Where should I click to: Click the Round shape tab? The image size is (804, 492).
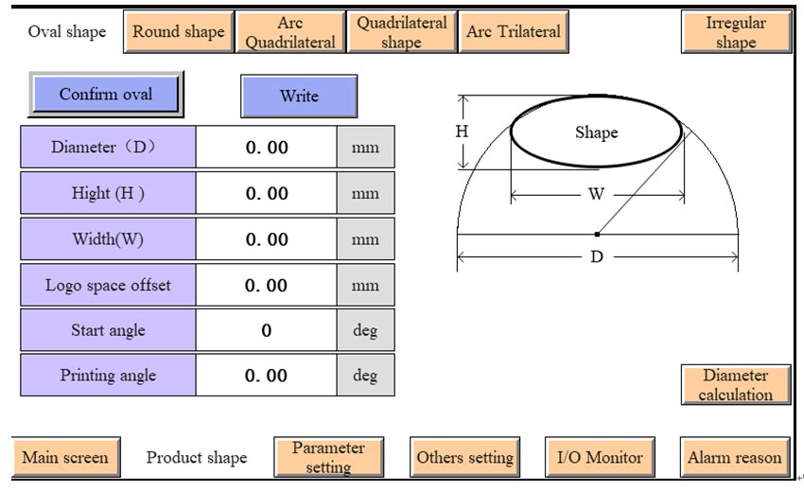point(178,31)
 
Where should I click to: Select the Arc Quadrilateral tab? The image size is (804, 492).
point(290,31)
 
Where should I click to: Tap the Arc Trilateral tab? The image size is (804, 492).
point(513,31)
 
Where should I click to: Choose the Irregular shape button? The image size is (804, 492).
point(735,31)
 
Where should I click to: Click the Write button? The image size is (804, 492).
point(299,96)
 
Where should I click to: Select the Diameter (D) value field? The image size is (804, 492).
point(266,148)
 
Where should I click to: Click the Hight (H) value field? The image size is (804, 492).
point(266,194)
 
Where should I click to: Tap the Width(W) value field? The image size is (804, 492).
point(266,239)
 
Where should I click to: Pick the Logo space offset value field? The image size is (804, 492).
point(266,285)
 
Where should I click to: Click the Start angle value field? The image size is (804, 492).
point(266,330)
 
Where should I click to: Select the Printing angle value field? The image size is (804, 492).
point(266,376)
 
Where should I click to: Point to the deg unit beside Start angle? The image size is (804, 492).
point(365,330)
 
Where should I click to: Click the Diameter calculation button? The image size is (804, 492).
point(735,385)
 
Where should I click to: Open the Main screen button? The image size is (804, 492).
point(65,457)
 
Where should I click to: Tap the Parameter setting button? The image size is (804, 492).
point(328,457)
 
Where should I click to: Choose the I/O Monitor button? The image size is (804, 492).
point(600,457)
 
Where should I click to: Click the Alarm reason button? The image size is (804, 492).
point(735,457)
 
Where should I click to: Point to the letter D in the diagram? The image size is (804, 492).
point(597,256)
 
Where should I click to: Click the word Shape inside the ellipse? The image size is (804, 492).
point(596,132)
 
